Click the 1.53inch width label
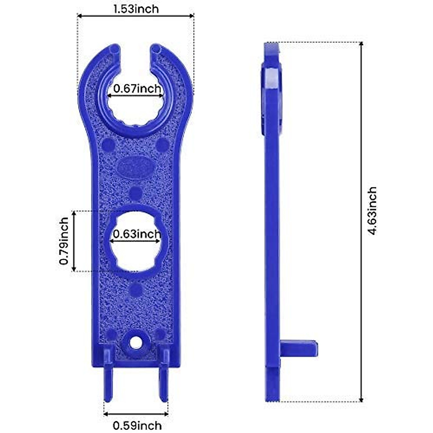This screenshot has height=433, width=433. (x=136, y=9)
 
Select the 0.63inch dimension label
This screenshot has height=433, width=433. (x=137, y=234)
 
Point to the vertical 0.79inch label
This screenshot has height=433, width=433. (x=64, y=241)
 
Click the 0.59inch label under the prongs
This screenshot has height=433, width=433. (x=137, y=425)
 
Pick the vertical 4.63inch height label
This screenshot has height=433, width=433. (x=372, y=211)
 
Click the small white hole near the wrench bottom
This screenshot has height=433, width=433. (x=136, y=342)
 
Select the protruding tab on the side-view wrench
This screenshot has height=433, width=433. (x=299, y=348)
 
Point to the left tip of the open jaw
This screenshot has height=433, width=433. (x=114, y=48)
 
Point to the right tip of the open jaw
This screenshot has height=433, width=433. (x=156, y=48)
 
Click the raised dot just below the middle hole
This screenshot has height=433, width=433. (x=136, y=289)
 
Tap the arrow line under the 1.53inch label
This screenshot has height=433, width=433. (x=136, y=16)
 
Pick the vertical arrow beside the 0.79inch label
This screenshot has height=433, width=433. (x=74, y=241)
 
